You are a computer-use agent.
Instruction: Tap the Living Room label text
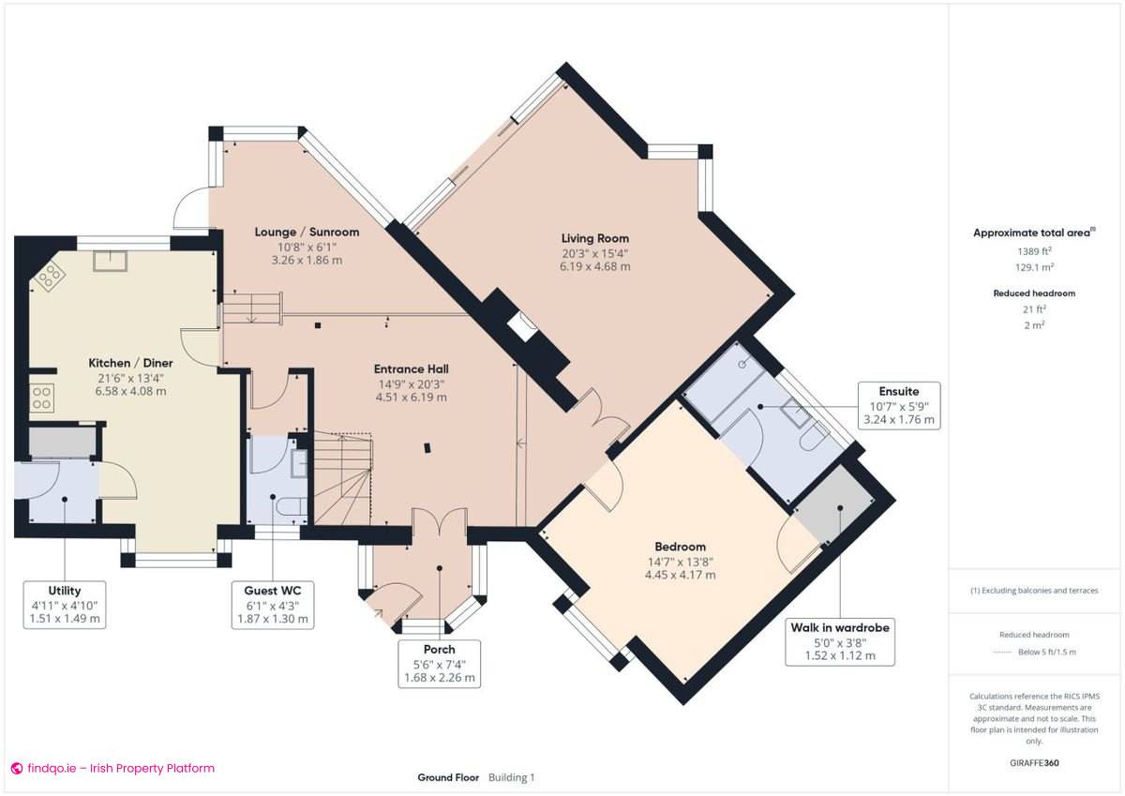[595, 239]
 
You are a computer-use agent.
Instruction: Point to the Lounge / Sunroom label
[307, 232]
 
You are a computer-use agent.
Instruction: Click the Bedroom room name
[680, 547]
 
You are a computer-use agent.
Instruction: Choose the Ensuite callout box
[899, 405]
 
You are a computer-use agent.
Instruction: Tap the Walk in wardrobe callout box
[839, 641]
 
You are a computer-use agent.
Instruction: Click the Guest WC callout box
[273, 605]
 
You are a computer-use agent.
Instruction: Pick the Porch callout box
[439, 663]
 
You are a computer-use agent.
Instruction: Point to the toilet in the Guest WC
[289, 507]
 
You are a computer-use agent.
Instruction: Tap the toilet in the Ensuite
[812, 437]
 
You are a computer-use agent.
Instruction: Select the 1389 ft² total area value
[1034, 251]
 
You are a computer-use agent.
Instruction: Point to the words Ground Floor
[447, 777]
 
